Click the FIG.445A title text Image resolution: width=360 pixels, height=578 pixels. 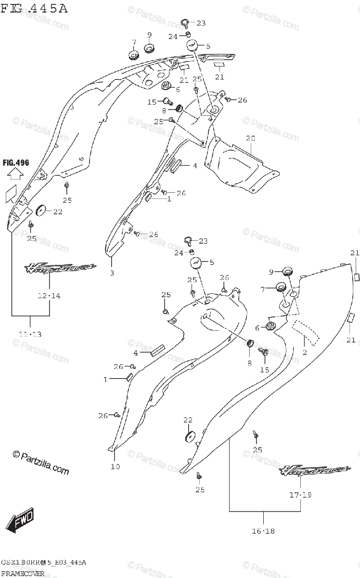34,8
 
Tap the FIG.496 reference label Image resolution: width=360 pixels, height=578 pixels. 15,163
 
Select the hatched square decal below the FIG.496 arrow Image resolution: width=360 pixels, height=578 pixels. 12,194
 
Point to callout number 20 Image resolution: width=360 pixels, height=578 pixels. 250,138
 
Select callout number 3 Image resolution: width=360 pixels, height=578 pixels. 112,274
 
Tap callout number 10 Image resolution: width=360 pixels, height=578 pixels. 115,466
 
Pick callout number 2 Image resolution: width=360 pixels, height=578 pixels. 304,353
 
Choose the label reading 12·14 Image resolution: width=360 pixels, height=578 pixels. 50,295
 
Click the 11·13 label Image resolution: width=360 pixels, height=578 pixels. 30,334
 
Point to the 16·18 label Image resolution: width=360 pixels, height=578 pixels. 263,531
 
